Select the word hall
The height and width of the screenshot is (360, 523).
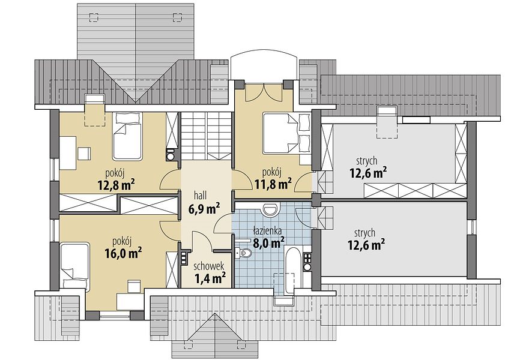(x=200, y=195)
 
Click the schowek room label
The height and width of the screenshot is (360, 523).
(x=209, y=266)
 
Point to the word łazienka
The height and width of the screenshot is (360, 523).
(x=267, y=230)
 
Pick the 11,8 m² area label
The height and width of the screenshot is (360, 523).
(x=273, y=184)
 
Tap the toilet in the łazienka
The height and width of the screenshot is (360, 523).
(x=244, y=253)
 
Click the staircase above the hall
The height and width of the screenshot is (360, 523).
(x=206, y=136)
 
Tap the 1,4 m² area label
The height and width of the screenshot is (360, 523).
(x=209, y=277)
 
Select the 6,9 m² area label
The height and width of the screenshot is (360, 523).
(x=204, y=209)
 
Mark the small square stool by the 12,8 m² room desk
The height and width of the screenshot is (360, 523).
(x=83, y=154)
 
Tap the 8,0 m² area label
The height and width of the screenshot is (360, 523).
(x=269, y=242)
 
